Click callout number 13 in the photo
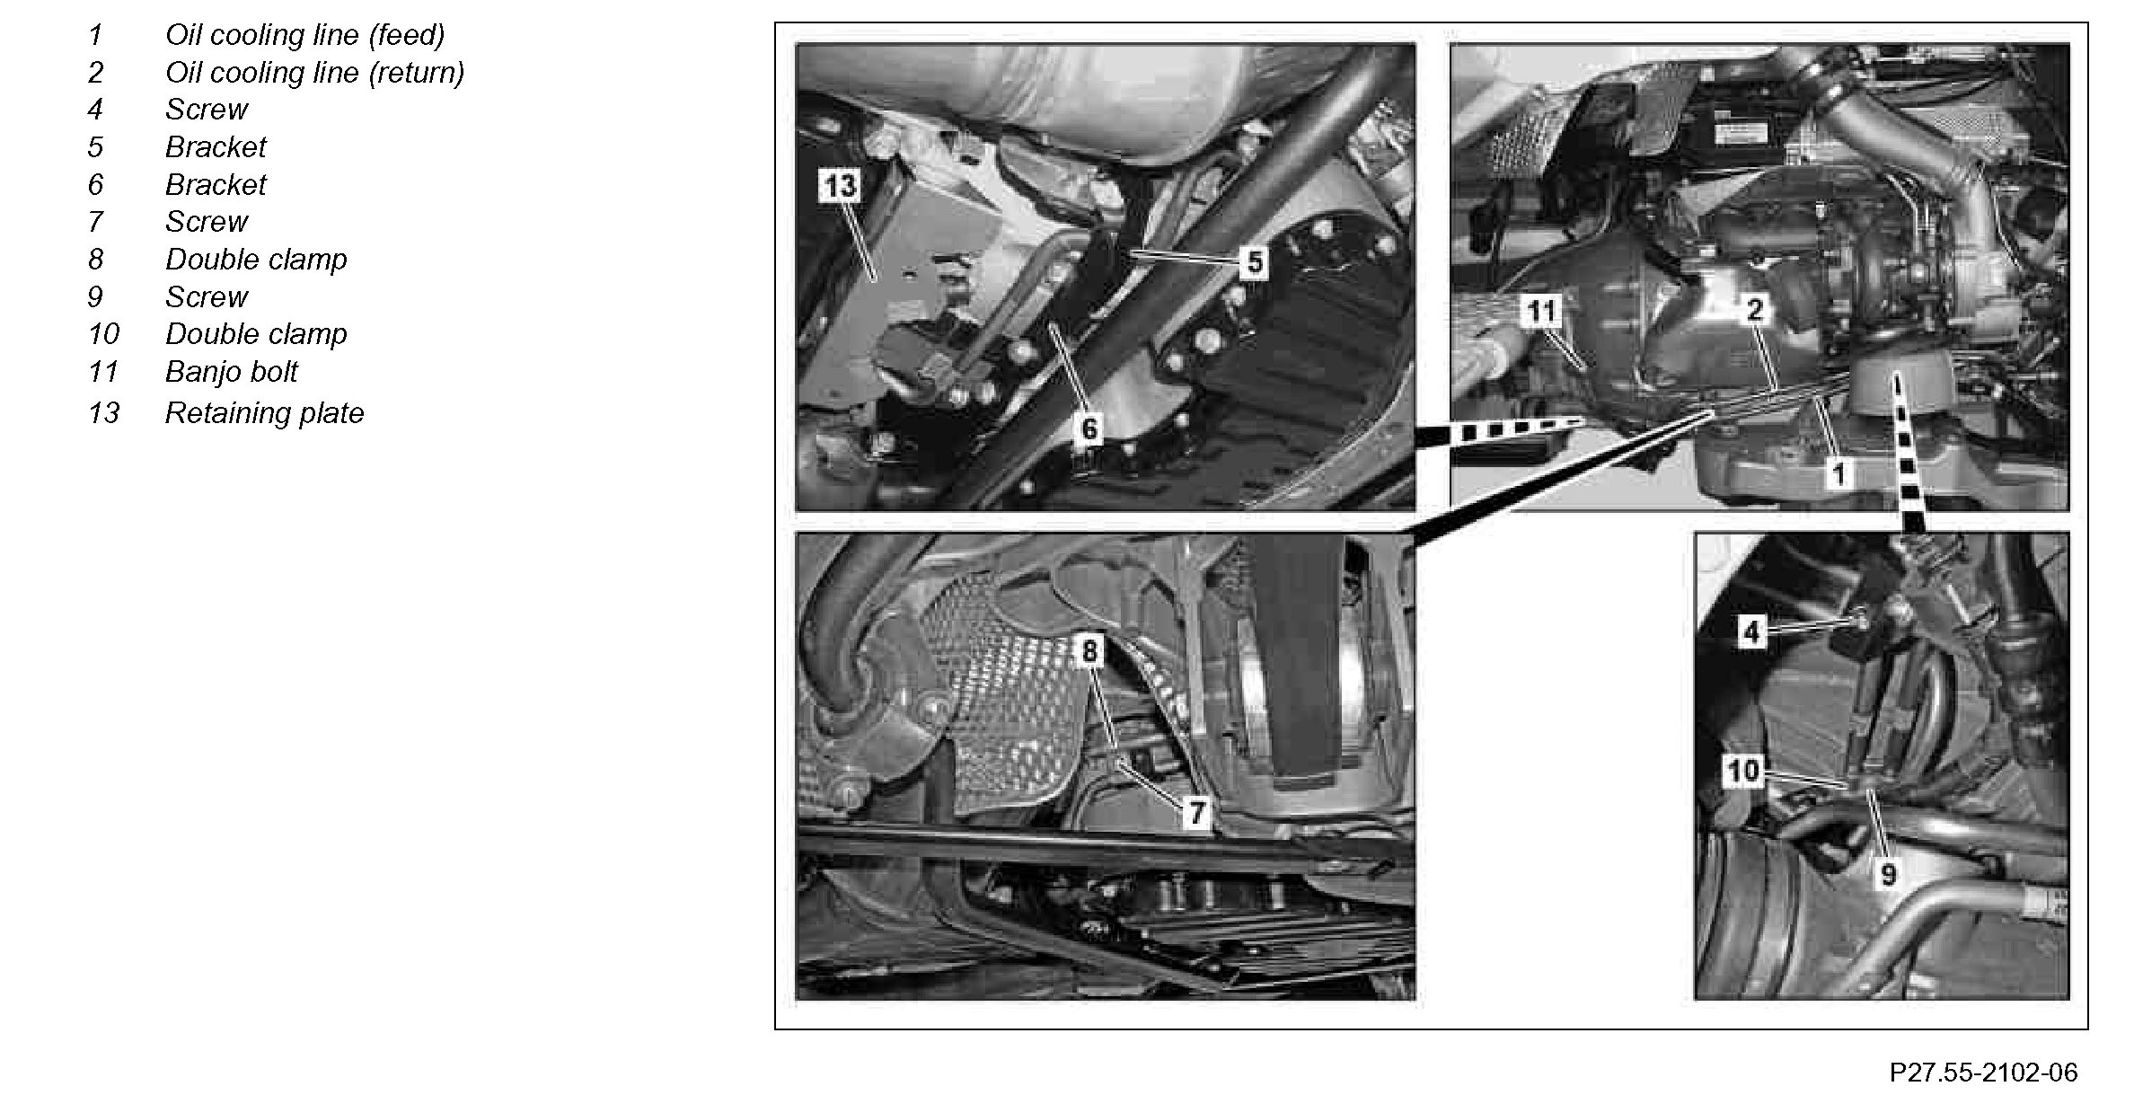click(x=841, y=186)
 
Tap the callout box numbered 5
click(x=1255, y=262)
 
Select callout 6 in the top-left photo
click(x=1089, y=428)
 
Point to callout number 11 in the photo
click(x=1542, y=312)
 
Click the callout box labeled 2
click(x=1755, y=310)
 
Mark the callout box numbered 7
click(x=1196, y=813)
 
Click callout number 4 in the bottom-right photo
click(x=1751, y=631)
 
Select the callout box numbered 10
click(x=1743, y=771)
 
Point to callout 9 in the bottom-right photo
click(x=1888, y=873)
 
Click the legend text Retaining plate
click(x=265, y=413)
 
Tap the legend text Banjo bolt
click(x=232, y=372)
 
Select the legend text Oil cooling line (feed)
click(x=305, y=35)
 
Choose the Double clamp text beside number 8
click(x=256, y=260)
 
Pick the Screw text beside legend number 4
click(x=207, y=110)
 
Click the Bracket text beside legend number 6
click(x=216, y=185)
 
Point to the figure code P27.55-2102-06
click(x=1983, y=1072)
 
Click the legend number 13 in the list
click(x=103, y=413)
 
